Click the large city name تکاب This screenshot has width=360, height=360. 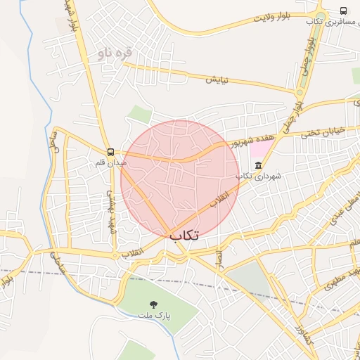pos(184,236)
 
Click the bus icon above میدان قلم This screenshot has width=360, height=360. pos(110,152)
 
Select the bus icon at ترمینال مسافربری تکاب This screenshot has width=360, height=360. pos(343,11)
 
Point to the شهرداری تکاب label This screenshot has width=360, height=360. pos(258,176)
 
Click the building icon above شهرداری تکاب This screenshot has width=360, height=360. pos(258,165)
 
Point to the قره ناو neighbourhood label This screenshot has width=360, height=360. pos(112,53)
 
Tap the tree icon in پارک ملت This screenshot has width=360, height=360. pos(153,304)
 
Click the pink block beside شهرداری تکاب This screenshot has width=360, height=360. pos(260,149)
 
